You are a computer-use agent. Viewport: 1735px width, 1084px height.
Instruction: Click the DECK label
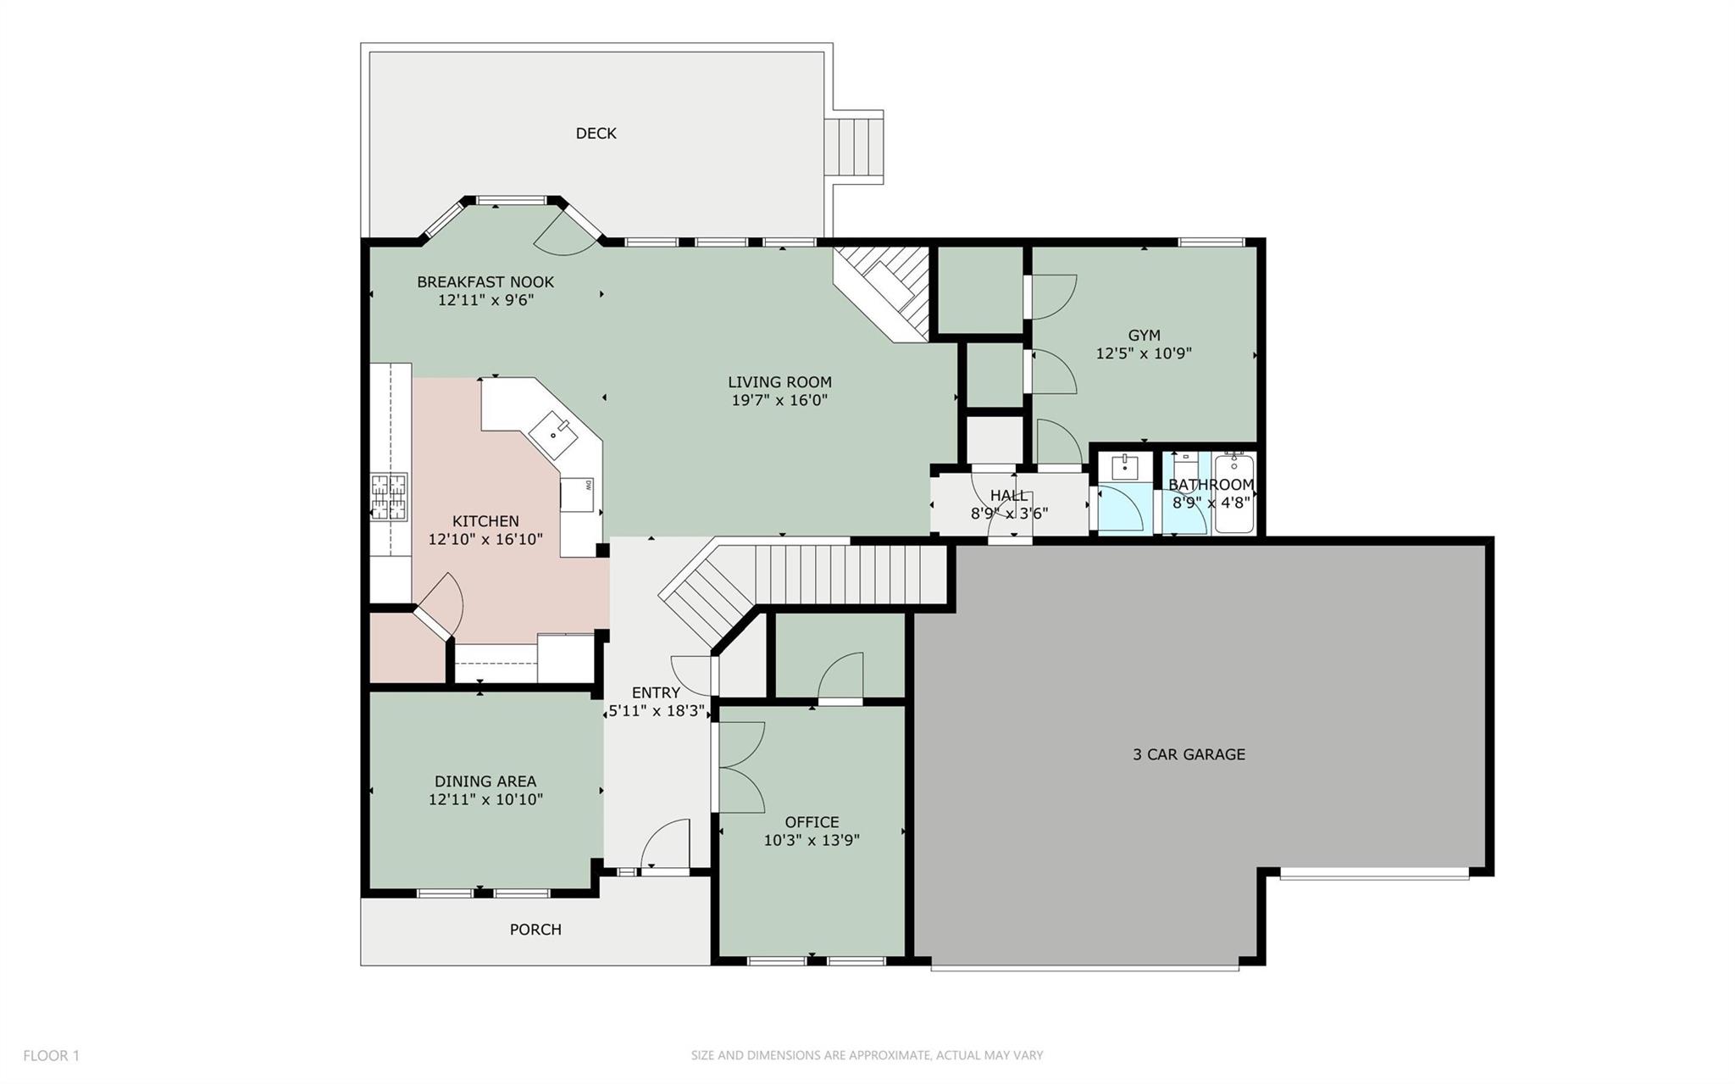596,133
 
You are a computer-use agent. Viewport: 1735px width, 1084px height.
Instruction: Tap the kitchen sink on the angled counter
554,433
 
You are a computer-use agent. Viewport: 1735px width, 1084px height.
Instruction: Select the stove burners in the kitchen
389,497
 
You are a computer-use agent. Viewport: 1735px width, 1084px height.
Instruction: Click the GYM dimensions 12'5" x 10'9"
1144,353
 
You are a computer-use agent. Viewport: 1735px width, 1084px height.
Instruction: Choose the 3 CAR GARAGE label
1189,754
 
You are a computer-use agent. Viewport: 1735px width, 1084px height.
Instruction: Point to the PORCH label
535,930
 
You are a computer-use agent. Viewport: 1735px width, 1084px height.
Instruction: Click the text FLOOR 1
51,1055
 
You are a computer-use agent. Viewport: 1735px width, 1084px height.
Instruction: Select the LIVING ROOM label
779,382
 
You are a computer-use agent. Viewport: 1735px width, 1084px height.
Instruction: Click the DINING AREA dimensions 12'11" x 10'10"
485,799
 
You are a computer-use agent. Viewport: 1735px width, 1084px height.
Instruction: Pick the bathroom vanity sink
1125,466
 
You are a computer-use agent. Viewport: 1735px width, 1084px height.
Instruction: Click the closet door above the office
841,676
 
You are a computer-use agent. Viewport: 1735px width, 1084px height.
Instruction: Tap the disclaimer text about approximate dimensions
867,1055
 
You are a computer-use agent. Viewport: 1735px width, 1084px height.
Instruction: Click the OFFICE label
812,822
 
